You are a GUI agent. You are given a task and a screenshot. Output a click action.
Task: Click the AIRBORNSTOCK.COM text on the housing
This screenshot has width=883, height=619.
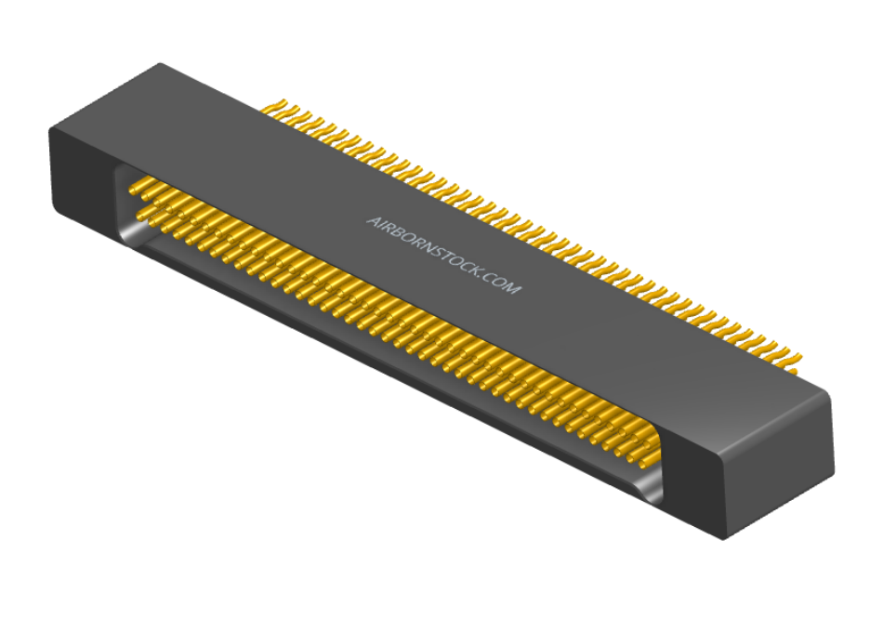coord(443,256)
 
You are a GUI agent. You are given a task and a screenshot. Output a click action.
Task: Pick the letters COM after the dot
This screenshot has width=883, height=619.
coord(501,283)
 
